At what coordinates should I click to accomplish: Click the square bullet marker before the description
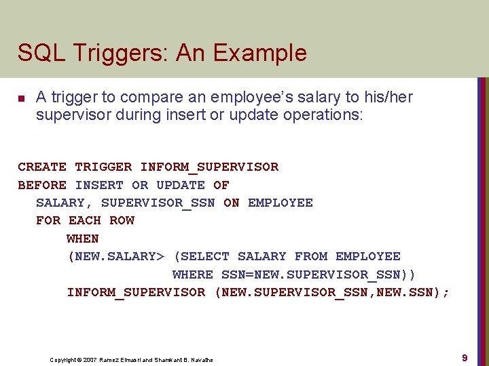(x=21, y=99)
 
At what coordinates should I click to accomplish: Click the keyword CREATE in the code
(x=42, y=167)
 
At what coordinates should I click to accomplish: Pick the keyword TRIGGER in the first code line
(x=103, y=167)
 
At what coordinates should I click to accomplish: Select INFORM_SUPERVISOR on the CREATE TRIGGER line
(x=209, y=167)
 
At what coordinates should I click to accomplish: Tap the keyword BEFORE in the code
(x=42, y=185)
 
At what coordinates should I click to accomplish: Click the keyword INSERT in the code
(x=99, y=185)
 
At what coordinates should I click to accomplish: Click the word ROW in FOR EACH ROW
(x=122, y=220)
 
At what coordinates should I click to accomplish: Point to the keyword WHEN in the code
(x=83, y=239)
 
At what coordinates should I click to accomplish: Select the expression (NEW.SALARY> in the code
(x=115, y=256)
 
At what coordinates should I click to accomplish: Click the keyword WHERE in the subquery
(x=193, y=274)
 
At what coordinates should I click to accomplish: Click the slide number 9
(x=465, y=357)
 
